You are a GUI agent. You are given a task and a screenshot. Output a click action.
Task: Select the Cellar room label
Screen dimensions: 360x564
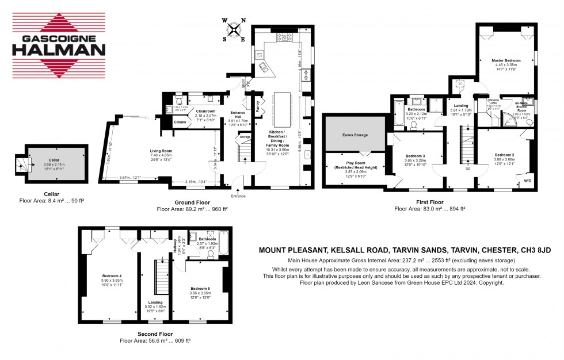[55, 162]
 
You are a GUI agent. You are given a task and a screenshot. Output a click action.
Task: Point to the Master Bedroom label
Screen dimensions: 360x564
[506, 60]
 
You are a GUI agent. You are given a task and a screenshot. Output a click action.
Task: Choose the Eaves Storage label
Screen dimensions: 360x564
[354, 135]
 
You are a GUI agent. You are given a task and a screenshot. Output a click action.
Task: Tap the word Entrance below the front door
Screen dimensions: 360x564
[238, 196]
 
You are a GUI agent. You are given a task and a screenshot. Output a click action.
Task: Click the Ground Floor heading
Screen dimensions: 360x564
[192, 202]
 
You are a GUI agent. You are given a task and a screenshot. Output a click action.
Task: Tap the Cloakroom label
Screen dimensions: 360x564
[205, 111]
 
